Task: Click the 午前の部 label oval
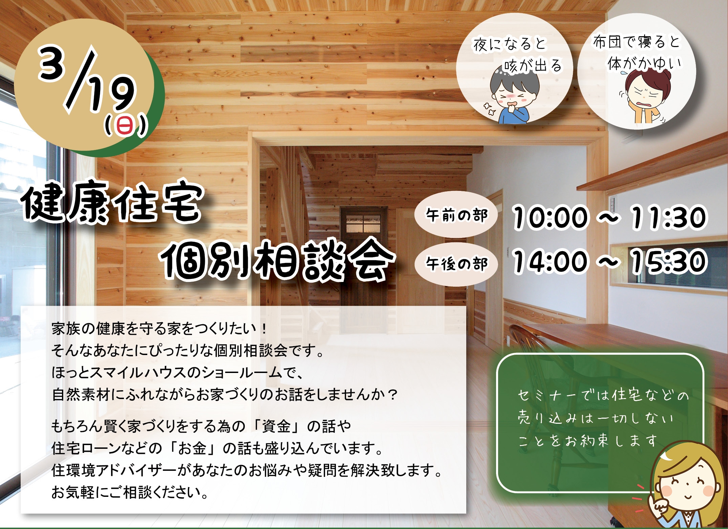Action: click(x=456, y=215)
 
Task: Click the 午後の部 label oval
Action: click(x=456, y=264)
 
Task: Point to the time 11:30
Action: click(x=668, y=217)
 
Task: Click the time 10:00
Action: click(x=549, y=217)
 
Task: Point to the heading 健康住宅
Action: click(x=112, y=204)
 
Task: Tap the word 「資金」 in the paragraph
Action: click(x=277, y=426)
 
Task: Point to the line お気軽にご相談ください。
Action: click(x=130, y=492)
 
